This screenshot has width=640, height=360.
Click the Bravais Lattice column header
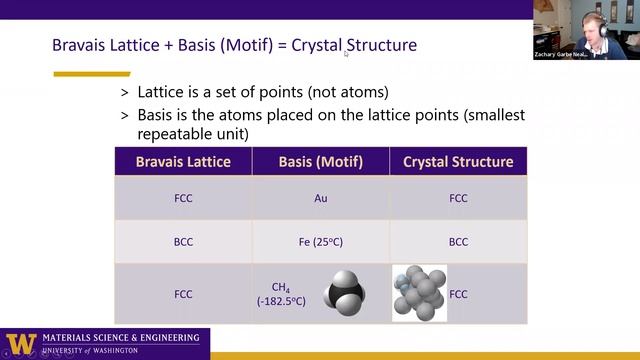(x=183, y=161)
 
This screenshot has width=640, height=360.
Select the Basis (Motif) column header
(x=320, y=161)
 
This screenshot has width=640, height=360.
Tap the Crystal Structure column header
(x=458, y=161)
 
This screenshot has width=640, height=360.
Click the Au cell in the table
(x=320, y=198)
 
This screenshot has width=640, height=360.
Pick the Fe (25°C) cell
(x=320, y=242)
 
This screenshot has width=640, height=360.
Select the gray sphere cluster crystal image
(x=419, y=293)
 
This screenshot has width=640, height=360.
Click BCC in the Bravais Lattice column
(x=183, y=242)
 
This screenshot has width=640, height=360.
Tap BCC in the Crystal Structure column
(x=458, y=242)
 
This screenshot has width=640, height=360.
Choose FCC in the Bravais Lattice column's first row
(x=183, y=198)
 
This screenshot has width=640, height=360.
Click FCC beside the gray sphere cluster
(x=459, y=295)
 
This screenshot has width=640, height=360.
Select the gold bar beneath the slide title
(x=91, y=73)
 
